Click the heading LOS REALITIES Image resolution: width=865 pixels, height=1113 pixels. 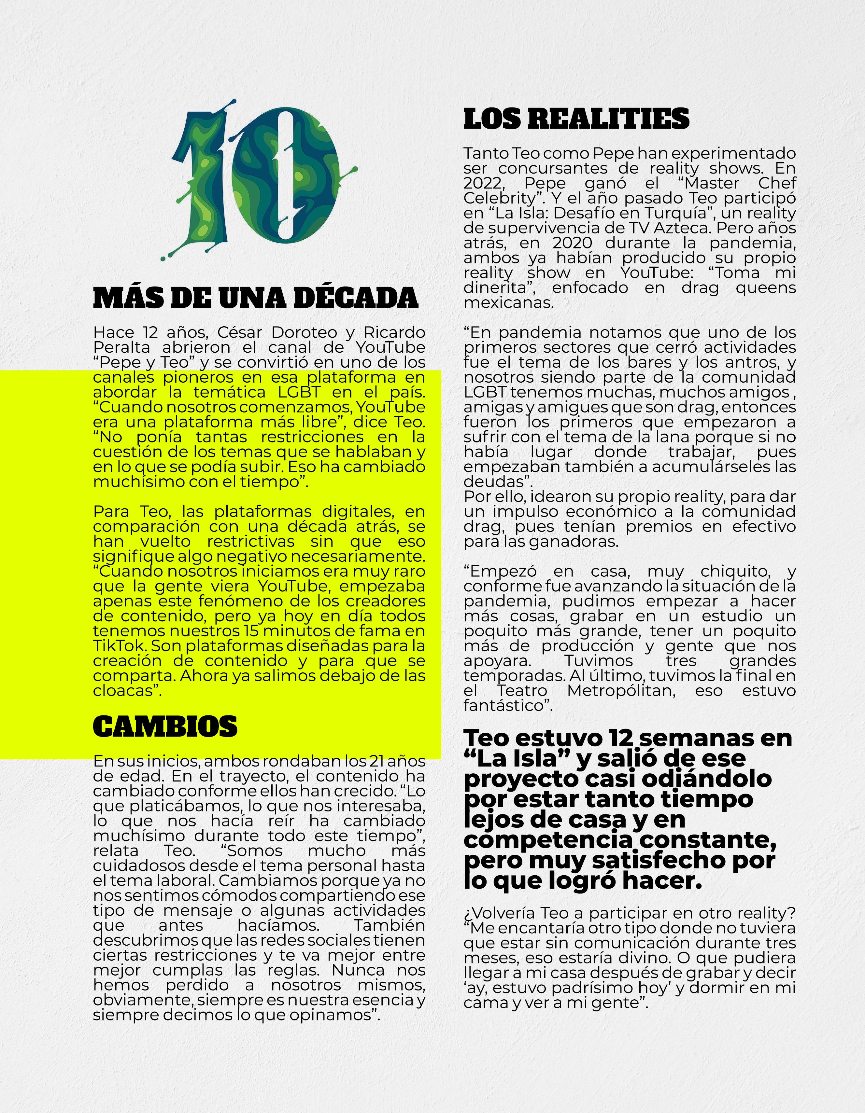tap(576, 119)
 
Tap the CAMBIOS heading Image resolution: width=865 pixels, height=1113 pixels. tap(165, 726)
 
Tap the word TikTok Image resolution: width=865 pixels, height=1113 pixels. tap(120, 646)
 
